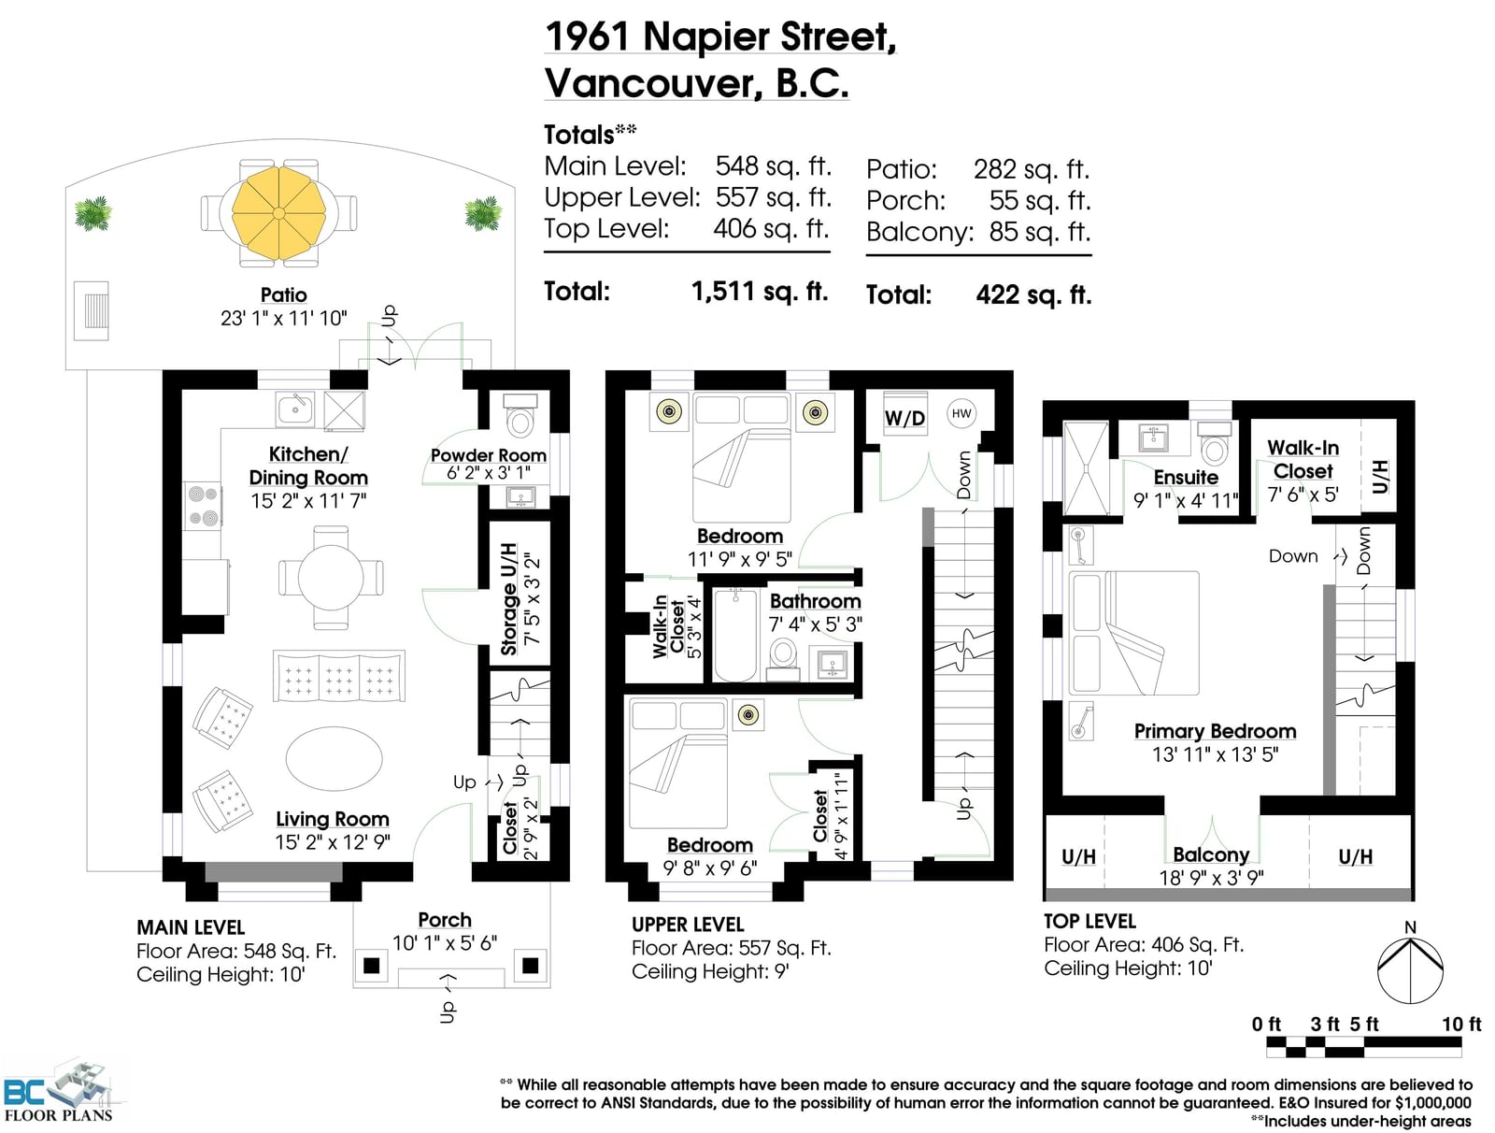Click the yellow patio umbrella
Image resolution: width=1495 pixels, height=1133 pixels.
click(278, 213)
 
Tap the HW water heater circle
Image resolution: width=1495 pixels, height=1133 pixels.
click(961, 413)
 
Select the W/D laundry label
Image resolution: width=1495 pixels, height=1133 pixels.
click(904, 418)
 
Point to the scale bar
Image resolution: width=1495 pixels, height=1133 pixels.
click(1363, 1046)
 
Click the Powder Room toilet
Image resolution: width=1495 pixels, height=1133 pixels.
click(520, 416)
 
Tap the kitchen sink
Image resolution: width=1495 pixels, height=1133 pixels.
click(295, 409)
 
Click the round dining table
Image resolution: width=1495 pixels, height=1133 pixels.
click(331, 577)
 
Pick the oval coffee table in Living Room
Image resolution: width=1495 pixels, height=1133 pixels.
click(334, 758)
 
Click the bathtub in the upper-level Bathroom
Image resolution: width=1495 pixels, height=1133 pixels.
click(735, 635)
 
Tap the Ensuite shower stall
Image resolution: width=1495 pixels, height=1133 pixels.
click(1086, 468)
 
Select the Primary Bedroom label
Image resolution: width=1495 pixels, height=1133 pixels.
click(1215, 731)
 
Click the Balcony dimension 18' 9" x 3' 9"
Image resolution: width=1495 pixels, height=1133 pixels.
click(1212, 878)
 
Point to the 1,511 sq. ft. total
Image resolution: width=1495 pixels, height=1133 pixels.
click(760, 292)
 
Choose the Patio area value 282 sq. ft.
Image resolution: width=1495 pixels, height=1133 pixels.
click(1032, 169)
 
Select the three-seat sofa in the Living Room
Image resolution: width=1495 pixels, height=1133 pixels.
click(338, 676)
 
